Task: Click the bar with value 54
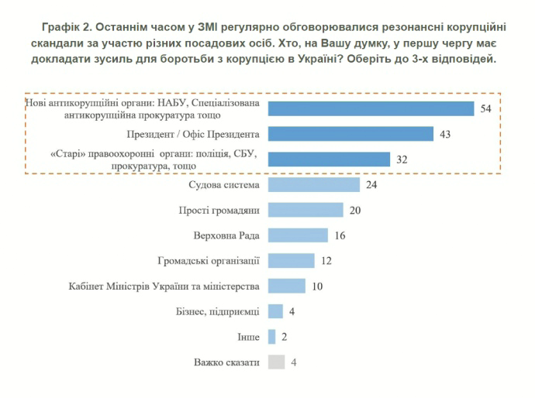[371, 108]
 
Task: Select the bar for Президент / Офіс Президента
[350, 134]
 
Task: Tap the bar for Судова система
[313, 184]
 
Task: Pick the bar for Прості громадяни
[305, 210]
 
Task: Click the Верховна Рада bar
[299, 235]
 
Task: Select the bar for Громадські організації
[291, 260]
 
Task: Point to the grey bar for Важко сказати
[275, 362]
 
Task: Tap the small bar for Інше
[271, 336]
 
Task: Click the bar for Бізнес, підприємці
[275, 311]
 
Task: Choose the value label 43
[445, 134]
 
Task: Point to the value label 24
[372, 184]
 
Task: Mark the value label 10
[317, 286]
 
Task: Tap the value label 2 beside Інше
[284, 336]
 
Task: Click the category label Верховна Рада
[226, 235]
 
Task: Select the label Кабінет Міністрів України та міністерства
[164, 286]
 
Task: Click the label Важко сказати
[226, 362]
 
